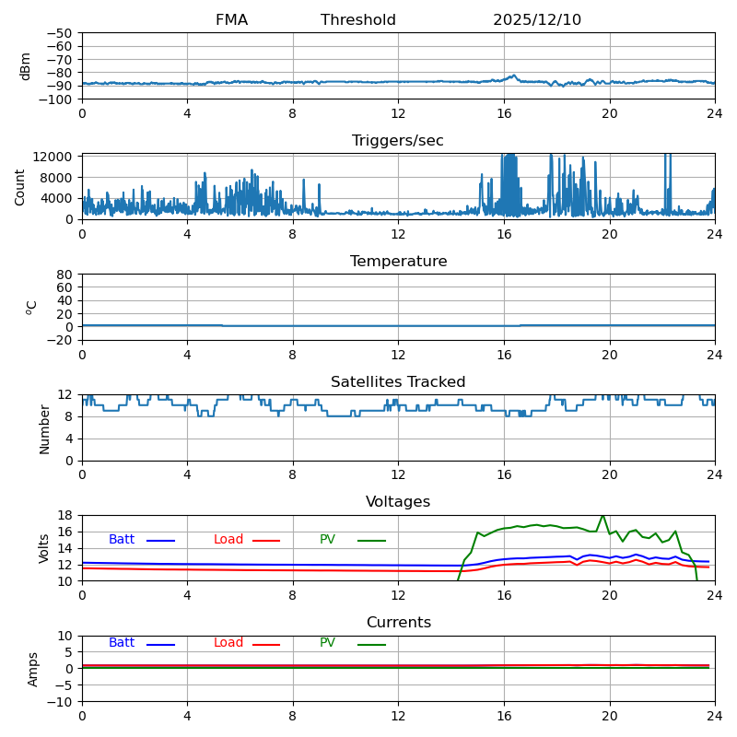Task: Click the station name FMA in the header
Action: pos(231,20)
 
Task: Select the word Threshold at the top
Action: pos(358,20)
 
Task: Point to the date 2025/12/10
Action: pos(537,20)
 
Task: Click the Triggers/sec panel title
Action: pos(398,141)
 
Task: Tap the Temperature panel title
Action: pos(398,262)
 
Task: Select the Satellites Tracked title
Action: pos(398,382)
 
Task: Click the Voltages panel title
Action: pos(398,502)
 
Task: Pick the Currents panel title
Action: pos(398,623)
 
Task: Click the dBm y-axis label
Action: pos(26,66)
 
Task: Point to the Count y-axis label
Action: pos(21,186)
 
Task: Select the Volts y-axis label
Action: pos(44,548)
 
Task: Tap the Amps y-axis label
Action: pos(33,669)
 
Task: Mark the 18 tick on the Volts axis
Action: pos(67,515)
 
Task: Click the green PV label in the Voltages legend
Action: pos(327,540)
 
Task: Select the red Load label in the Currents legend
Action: pos(228,643)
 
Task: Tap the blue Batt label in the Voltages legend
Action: pos(122,540)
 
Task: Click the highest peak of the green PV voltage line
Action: pos(603,516)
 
